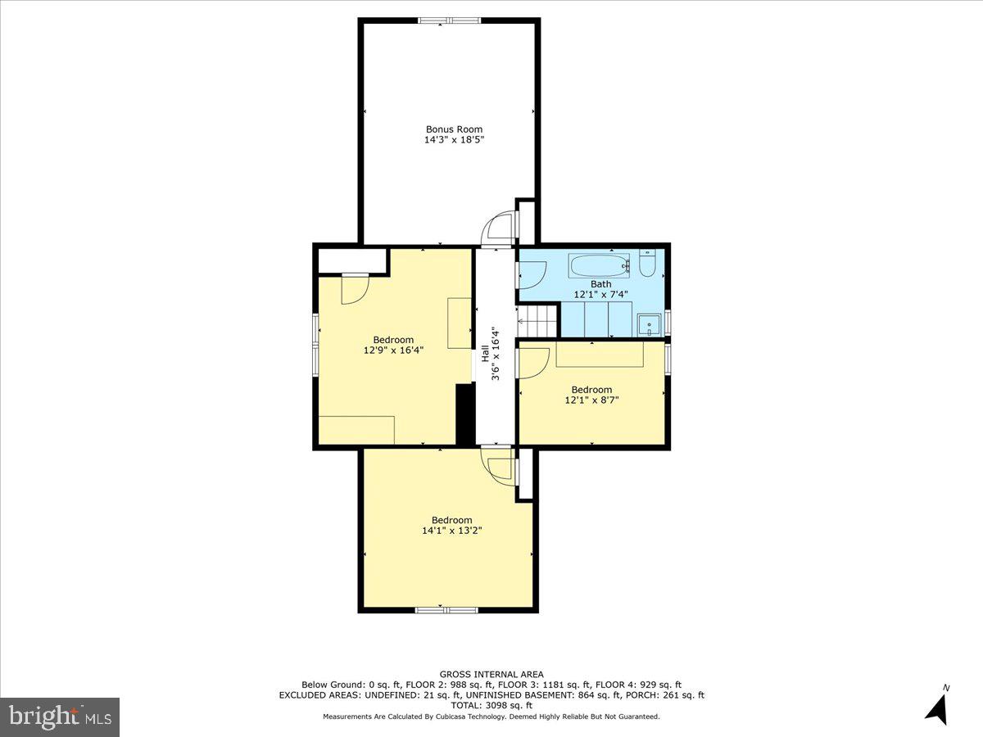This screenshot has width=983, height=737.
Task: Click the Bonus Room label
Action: pos(454,129)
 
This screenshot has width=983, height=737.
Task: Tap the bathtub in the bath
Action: pos(599,266)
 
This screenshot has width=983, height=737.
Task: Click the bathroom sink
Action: pos(650,325)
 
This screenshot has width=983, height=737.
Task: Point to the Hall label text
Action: pos(485,354)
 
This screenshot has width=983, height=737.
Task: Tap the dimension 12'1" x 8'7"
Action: pos(591,400)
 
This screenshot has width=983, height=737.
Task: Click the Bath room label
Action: pos(601,284)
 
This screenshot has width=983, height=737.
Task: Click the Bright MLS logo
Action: pos(60,717)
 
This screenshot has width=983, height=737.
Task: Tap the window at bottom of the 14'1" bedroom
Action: pos(446,609)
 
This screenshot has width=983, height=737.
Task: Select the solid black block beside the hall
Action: pos(465,414)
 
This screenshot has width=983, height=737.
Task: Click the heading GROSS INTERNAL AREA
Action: pos(491,675)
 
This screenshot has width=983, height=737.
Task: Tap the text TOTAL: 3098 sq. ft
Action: pos(491,705)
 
